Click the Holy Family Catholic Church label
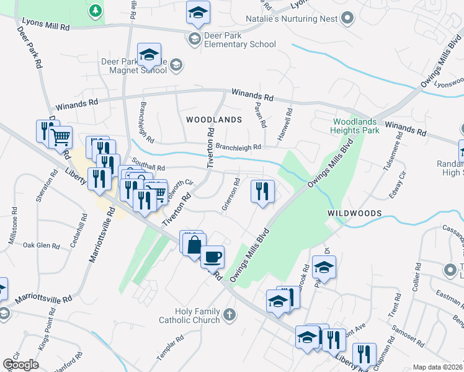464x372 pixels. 189,316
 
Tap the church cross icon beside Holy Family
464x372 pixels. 229,315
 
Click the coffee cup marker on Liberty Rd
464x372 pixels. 212,257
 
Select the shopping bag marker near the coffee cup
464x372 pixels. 194,244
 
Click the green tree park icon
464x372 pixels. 94,11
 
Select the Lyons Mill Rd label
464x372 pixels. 45,24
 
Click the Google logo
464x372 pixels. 20,365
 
